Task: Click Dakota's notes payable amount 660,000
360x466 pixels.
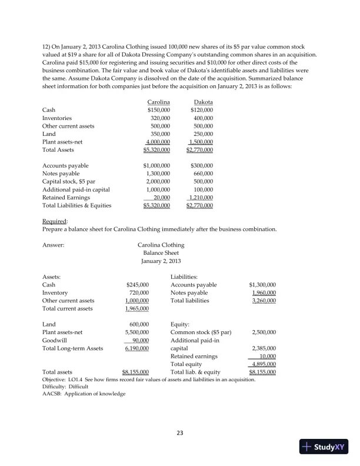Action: coord(203,174)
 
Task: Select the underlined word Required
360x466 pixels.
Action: coord(54,221)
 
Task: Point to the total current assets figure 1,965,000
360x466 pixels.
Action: coord(137,308)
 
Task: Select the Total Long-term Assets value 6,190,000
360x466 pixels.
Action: coord(137,348)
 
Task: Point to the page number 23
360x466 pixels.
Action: coord(181,434)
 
